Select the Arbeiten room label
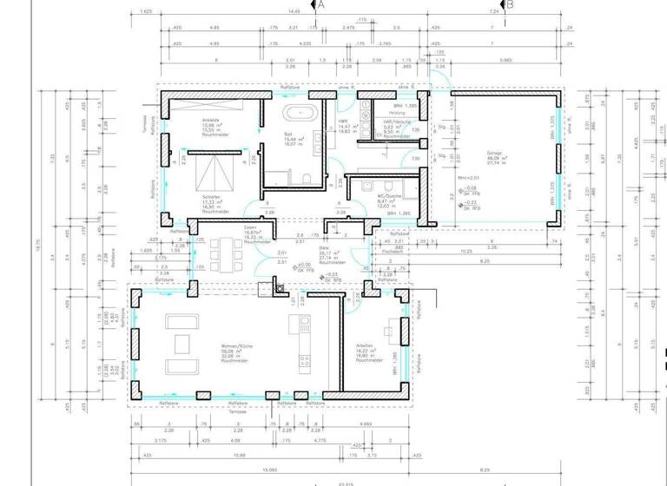365,345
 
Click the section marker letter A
321,5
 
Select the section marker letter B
511,5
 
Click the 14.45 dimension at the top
294,12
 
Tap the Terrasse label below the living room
236,411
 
